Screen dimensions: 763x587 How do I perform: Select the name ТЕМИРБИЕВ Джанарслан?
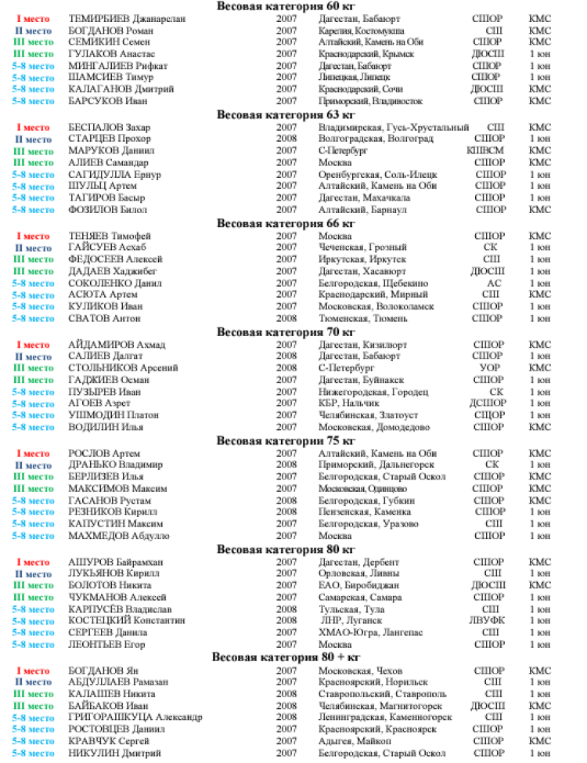click(117, 18)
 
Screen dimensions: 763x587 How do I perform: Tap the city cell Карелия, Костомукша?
click(361, 30)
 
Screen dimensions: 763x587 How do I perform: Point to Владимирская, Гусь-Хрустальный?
click(394, 127)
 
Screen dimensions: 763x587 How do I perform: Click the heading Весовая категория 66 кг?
click(286, 223)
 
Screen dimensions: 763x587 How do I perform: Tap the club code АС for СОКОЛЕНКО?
click(494, 283)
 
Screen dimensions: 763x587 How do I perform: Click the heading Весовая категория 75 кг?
click(286, 440)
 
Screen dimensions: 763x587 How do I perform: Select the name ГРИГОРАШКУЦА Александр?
click(136, 717)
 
